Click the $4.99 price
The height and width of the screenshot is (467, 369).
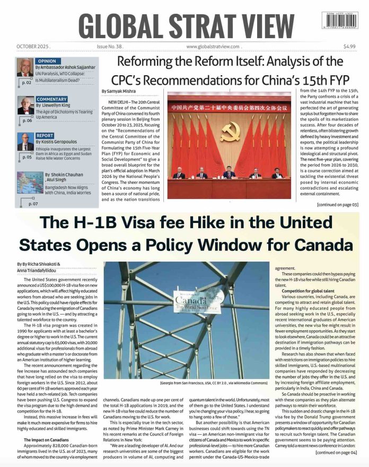[x=349, y=46]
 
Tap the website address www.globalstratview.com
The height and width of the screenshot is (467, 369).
[x=213, y=46]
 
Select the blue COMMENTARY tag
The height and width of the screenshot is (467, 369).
[x=51, y=99]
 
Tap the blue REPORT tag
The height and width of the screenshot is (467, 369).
[x=45, y=136]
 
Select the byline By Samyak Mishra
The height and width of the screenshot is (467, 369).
[x=120, y=91]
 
